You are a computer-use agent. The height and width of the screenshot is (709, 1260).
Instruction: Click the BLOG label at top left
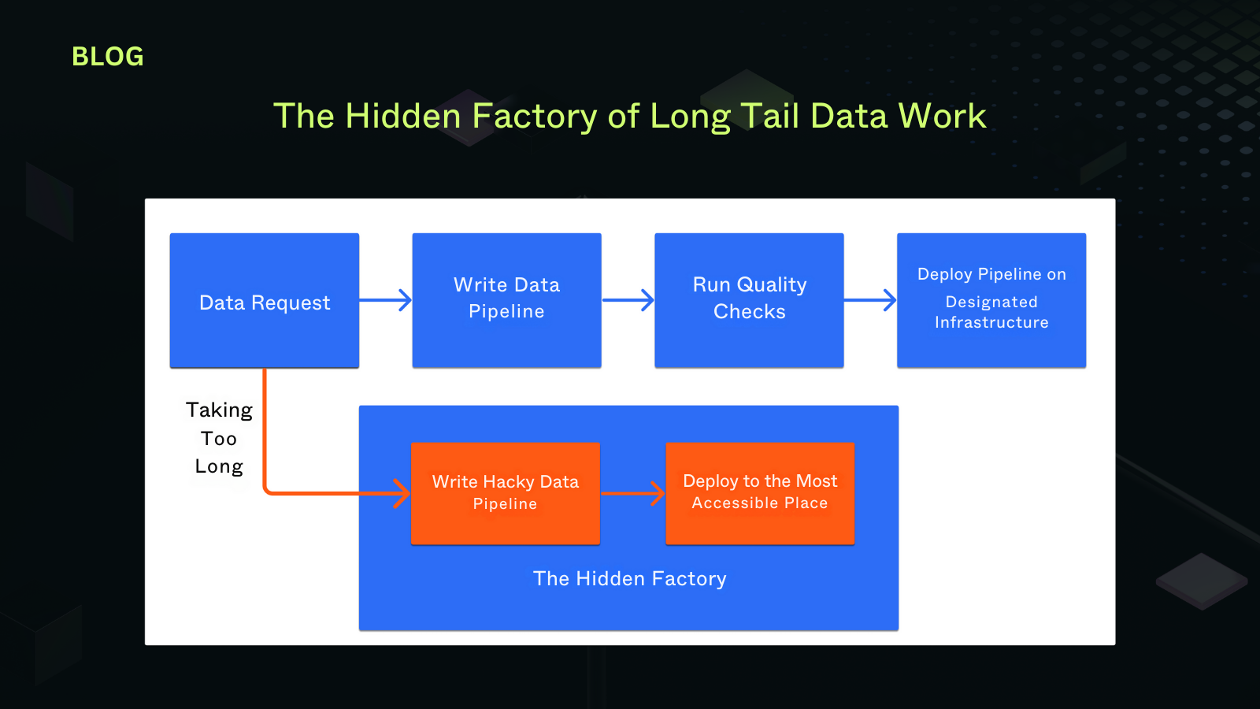pos(108,57)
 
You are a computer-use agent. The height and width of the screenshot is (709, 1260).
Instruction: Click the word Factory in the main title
pos(534,117)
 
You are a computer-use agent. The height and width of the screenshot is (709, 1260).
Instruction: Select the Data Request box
pos(265,301)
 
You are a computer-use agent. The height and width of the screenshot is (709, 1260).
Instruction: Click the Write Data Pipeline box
pos(506,299)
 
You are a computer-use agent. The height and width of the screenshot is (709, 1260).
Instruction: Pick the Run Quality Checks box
pos(749,299)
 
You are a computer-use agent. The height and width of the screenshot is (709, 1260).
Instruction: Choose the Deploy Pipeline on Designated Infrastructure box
pos(991,299)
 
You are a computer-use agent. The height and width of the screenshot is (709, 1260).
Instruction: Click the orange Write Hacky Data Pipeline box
pos(506,493)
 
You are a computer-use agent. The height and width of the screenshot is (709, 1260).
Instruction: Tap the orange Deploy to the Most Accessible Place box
pos(760,493)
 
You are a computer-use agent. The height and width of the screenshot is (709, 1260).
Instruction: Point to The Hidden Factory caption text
pos(630,579)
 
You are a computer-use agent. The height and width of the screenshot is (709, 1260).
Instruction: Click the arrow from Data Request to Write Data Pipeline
pos(386,300)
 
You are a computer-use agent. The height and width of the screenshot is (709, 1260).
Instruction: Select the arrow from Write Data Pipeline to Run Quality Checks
pos(628,300)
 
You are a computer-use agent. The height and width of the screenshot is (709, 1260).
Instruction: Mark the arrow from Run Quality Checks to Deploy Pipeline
pos(870,300)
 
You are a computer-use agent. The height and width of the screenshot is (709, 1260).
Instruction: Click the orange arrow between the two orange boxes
pos(633,494)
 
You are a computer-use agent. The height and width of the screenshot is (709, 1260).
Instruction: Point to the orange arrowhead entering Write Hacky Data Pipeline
pos(402,494)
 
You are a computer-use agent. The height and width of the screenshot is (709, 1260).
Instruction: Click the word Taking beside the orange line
pos(219,410)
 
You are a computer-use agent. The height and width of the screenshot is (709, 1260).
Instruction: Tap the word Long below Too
pos(219,467)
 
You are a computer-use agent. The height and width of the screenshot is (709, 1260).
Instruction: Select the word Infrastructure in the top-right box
pos(991,323)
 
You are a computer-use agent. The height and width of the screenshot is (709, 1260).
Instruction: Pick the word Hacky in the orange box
pos(509,482)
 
